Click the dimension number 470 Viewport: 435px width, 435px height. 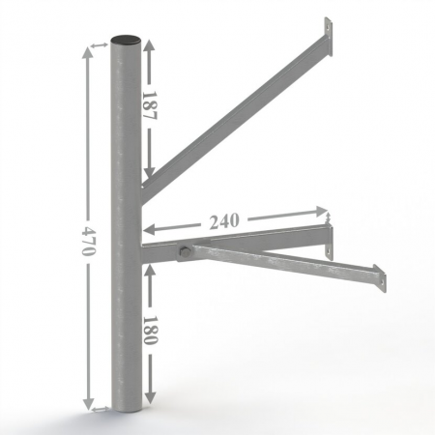click(x=88, y=241)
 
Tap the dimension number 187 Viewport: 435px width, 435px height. click(x=149, y=105)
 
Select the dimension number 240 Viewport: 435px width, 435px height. click(x=224, y=221)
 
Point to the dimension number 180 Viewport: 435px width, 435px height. click(x=150, y=331)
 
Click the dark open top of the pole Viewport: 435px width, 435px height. click(x=126, y=40)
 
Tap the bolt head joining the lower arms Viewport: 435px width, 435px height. click(x=185, y=251)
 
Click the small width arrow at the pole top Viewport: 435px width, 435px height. click(x=100, y=45)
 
